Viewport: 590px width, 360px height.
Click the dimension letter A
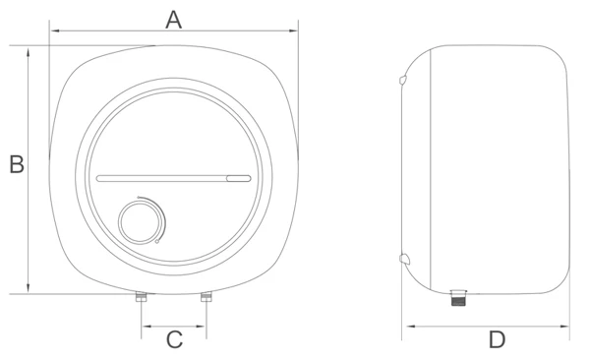[x=173, y=20]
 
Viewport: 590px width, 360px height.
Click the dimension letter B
[x=17, y=164]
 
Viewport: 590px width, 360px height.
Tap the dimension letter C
[x=174, y=339]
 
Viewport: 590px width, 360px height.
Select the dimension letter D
[x=497, y=339]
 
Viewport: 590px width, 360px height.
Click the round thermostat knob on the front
[x=141, y=221]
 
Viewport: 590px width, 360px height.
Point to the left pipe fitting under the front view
[x=141, y=296]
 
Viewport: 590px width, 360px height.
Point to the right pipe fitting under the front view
[x=206, y=296]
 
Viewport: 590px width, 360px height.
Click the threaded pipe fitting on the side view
[x=458, y=297]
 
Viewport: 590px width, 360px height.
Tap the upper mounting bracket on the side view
[x=403, y=80]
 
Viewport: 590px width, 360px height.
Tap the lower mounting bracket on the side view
[x=404, y=259]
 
